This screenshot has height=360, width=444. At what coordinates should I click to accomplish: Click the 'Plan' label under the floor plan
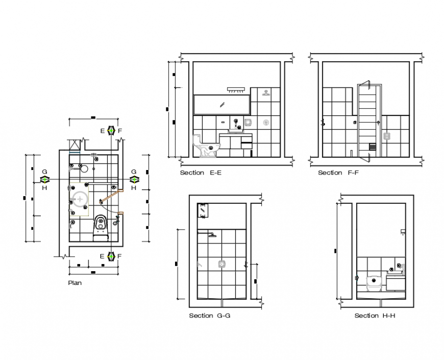75,282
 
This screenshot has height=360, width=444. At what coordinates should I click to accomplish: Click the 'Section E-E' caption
201,173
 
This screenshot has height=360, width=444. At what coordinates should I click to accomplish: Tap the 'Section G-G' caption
209,316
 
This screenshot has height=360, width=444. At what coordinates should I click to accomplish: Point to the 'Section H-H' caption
375,316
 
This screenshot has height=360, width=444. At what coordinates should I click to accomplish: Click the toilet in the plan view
101,225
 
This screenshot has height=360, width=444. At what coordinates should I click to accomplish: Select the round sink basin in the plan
80,198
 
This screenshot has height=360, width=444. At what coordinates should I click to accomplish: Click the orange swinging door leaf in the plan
109,196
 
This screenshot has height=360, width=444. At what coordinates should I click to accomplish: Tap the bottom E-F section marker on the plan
111,256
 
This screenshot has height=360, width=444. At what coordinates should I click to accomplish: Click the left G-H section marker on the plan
45,179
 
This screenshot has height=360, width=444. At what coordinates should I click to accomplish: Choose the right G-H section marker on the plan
134,179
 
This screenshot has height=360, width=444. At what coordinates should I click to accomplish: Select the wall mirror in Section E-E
221,104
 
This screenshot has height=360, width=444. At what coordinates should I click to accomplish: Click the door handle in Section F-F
378,123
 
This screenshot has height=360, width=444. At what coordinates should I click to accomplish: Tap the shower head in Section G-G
211,235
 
